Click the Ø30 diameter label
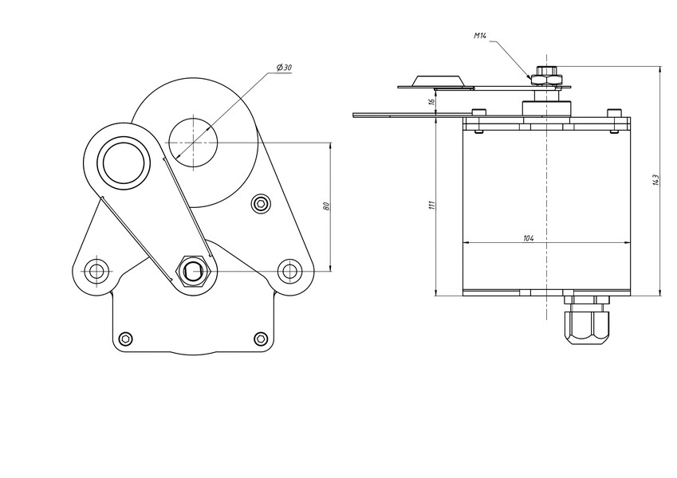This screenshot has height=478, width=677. (x=284, y=68)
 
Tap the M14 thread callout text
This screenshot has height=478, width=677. (x=480, y=36)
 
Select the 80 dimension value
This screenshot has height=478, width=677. (x=326, y=206)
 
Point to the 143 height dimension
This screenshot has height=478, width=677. (x=655, y=180)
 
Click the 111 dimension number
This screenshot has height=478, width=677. (x=432, y=205)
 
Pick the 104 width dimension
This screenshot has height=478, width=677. (x=529, y=238)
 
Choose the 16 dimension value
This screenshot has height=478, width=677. (x=431, y=102)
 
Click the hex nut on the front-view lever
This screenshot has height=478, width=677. (x=193, y=271)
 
